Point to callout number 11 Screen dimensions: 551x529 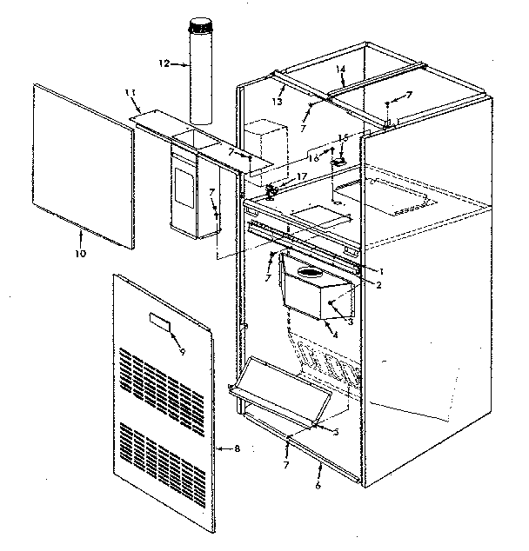pyautogui.click(x=131, y=93)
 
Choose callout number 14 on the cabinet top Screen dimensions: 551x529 pyautogui.click(x=340, y=69)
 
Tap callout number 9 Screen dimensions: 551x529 pyautogui.click(x=182, y=352)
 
